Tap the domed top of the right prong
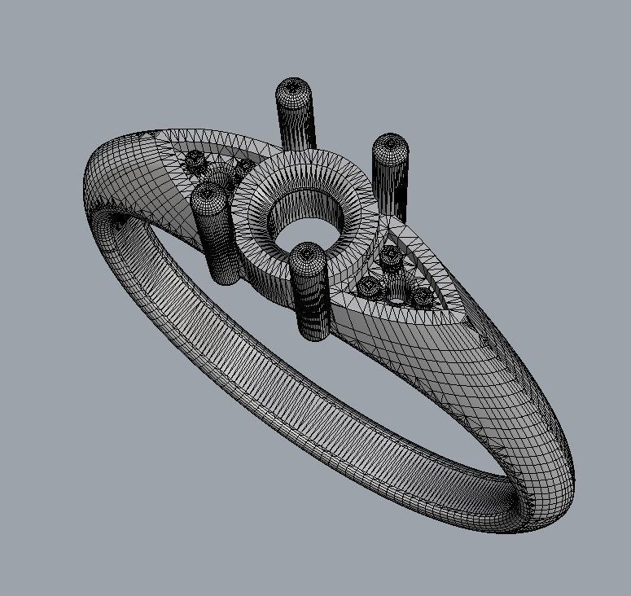(389, 145)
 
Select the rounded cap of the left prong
(207, 194)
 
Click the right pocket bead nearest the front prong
(369, 287)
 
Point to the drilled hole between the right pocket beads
(396, 298)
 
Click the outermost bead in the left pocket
(195, 162)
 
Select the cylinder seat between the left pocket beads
(218, 173)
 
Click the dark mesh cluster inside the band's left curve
(120, 220)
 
